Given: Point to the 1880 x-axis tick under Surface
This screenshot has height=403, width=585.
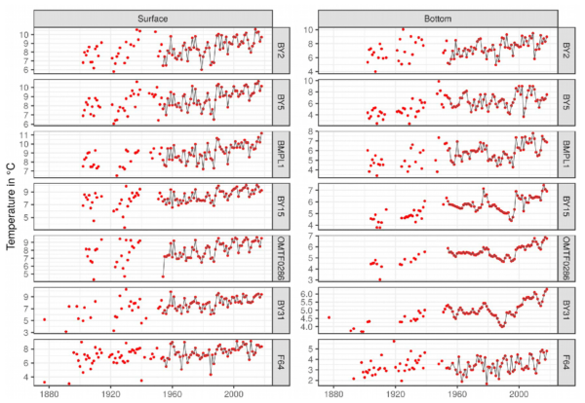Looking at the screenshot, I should pos(47,394).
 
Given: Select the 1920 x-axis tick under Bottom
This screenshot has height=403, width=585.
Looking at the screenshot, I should pos(396,394).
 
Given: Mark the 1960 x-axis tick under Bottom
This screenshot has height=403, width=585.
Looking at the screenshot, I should pos(457,394).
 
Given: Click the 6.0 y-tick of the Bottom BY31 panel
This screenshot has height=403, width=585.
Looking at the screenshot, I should pos(312,293).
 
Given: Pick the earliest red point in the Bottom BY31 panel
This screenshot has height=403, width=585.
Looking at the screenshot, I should pos(329,317).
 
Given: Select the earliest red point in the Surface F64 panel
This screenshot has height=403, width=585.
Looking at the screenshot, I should pos(44,382).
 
